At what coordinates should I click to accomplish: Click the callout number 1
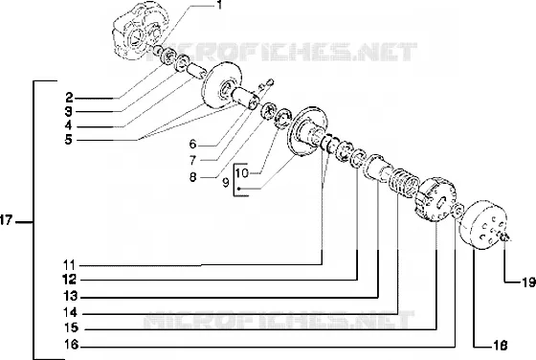(x=219, y=5)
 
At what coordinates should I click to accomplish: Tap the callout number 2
(x=69, y=98)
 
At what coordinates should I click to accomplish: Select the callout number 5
(x=69, y=140)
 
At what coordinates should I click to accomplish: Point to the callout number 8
(x=193, y=177)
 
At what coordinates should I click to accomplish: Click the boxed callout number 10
(x=241, y=172)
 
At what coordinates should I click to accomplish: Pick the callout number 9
(x=226, y=183)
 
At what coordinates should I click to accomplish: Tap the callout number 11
(x=69, y=265)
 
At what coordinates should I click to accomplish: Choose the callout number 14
(x=71, y=312)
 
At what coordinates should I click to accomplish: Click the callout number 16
(x=72, y=345)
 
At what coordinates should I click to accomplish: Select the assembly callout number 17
(x=6, y=220)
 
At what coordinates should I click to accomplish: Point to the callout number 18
(x=501, y=346)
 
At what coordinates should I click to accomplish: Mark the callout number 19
(x=528, y=282)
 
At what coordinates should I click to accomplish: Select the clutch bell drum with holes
(x=483, y=225)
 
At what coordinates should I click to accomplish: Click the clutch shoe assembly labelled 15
(x=435, y=200)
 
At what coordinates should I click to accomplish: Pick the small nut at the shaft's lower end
(x=505, y=236)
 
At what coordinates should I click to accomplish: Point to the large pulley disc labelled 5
(x=222, y=85)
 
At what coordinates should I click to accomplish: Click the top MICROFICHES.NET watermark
(x=282, y=52)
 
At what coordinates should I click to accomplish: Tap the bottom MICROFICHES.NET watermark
(x=279, y=320)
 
